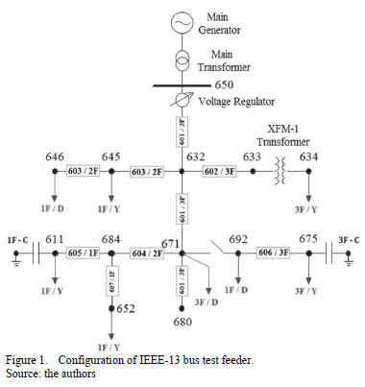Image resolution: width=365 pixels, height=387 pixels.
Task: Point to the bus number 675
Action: pos(307,239)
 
